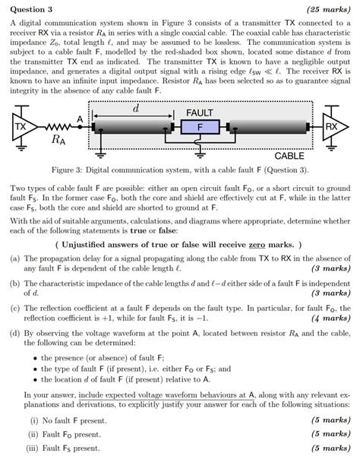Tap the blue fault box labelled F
[x=200, y=126]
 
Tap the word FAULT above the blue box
[x=200, y=113]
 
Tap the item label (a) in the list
[x=15, y=258]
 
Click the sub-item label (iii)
[x=36, y=449]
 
